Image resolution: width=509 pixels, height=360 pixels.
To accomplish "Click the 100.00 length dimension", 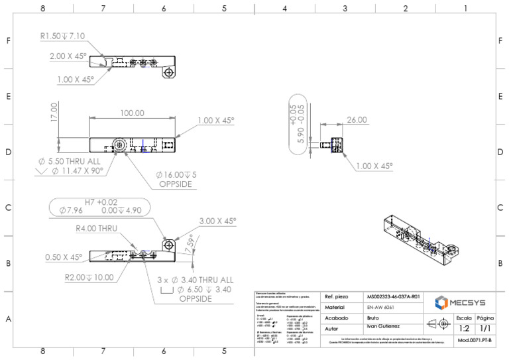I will (x=132, y=113).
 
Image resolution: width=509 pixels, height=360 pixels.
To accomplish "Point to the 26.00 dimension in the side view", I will (x=355, y=120).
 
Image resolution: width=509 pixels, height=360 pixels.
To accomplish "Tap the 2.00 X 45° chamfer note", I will (x=68, y=56).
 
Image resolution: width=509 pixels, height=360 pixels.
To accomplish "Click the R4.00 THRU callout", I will (x=96, y=228).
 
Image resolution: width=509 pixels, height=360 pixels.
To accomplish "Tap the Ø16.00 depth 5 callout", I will (x=176, y=175).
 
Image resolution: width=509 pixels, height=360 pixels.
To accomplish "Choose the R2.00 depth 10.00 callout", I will (x=89, y=277).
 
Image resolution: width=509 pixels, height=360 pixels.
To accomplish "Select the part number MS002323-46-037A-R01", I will (x=393, y=297).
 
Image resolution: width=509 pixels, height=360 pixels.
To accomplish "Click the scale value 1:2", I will (x=465, y=328).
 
